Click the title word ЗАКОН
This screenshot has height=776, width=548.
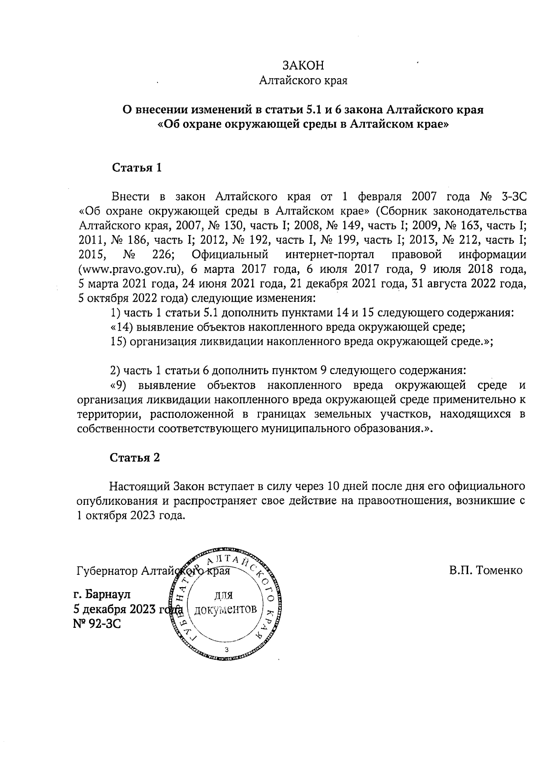303,65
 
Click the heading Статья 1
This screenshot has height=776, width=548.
137,167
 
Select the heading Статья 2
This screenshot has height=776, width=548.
135,458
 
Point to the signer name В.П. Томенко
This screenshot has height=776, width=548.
485,571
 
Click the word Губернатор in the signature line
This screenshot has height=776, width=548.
108,571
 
